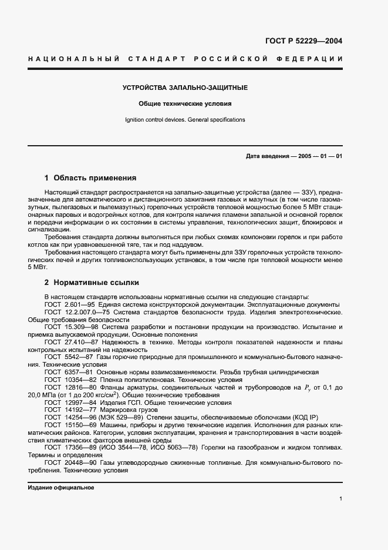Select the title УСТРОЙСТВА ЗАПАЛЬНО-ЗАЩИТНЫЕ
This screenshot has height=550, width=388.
(x=185, y=88)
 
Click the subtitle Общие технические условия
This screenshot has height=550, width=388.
(x=185, y=104)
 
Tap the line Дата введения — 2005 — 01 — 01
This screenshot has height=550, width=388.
(x=294, y=156)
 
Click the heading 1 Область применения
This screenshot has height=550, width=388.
(x=90, y=177)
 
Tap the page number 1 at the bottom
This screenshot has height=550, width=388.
(x=340, y=499)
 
